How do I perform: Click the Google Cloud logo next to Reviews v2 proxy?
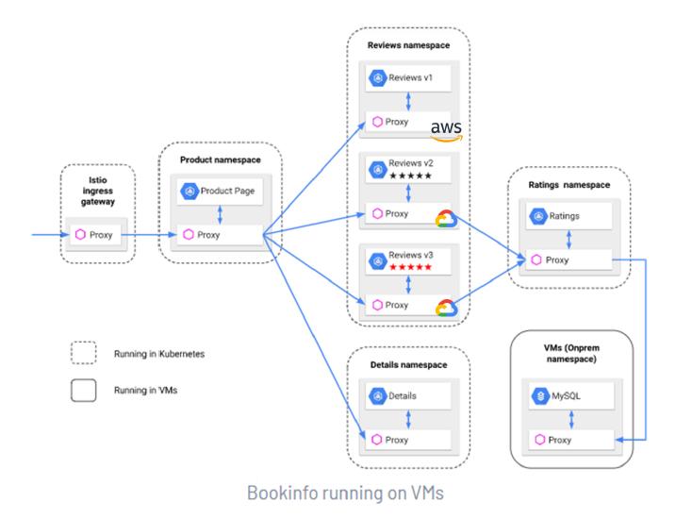tap(444, 219)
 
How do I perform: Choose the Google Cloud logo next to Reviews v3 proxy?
tap(444, 309)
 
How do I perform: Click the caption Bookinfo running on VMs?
tap(345, 493)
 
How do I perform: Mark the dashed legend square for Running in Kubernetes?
tap(84, 352)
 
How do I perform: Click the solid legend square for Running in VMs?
tap(84, 391)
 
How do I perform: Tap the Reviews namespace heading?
tap(409, 44)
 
